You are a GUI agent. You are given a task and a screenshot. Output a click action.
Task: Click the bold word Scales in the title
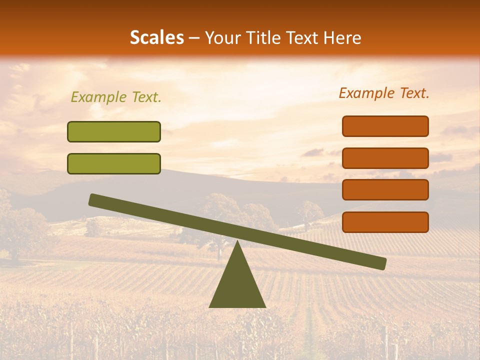pos(156,37)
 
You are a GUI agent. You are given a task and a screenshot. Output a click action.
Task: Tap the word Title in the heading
pos(264,37)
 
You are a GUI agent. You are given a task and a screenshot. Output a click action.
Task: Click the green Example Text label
pos(116,97)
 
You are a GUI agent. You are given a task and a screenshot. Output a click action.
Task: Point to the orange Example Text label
pos(384,93)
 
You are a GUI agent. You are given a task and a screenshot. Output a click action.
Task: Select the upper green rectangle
pos(114,131)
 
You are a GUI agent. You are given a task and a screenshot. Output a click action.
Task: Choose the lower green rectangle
pos(114,163)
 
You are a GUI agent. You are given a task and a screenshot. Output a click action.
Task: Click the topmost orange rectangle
pos(385,126)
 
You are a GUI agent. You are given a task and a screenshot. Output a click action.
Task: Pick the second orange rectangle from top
pos(385,158)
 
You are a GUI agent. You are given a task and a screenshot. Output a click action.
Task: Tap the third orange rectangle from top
pos(385,189)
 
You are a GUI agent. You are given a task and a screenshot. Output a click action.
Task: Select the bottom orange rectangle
pos(385,222)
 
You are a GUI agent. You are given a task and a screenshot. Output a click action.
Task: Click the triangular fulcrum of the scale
pos(237,285)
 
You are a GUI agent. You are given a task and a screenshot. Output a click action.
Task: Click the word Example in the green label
pos(98,97)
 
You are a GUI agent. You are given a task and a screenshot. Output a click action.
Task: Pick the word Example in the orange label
pos(366,93)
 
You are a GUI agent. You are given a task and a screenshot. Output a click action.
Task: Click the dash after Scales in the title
pos(194,38)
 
